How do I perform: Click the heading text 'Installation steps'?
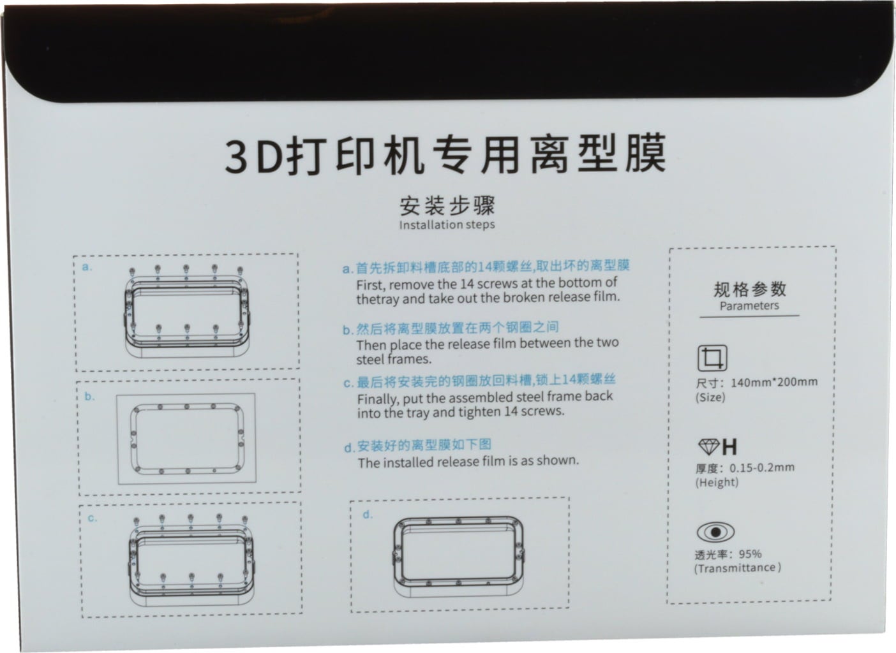[447, 225]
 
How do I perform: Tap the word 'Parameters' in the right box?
[749, 306]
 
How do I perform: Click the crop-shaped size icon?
[712, 358]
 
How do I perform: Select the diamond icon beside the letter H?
[709, 446]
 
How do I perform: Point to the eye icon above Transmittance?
[715, 532]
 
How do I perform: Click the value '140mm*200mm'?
[774, 382]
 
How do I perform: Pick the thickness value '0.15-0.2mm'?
[762, 467]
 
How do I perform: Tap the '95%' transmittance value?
[750, 554]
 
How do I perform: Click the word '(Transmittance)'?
[738, 568]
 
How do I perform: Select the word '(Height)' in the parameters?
[717, 482]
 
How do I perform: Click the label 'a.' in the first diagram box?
[87, 267]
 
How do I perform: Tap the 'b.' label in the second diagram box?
[89, 396]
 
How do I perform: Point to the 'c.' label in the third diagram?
[93, 518]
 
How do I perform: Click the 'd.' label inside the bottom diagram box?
[368, 515]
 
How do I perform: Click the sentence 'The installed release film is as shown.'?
[468, 462]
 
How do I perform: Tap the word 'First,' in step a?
[371, 285]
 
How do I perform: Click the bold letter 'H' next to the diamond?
[729, 447]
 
